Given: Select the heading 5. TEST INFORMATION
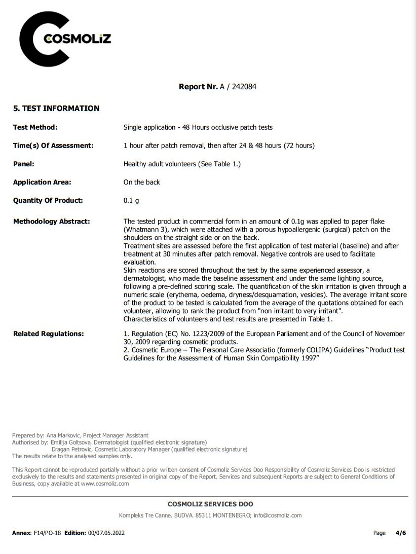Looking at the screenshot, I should click(56, 108).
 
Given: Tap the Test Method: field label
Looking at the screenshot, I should click(35, 127).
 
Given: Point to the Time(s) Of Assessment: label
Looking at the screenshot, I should click(53, 145).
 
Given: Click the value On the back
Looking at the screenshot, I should click(141, 182).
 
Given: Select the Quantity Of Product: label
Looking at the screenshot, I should click(48, 200).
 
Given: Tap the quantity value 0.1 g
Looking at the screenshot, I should click(131, 200).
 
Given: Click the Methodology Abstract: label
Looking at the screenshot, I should click(51, 221).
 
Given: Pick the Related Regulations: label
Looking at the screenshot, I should click(48, 334).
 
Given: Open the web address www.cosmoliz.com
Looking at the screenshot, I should click(105, 484).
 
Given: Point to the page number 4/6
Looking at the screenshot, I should click(400, 533).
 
